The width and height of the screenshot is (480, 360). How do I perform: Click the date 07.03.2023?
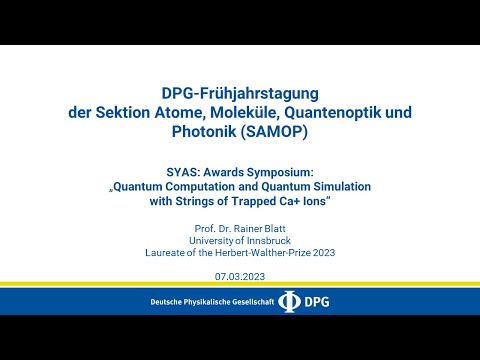point(240,275)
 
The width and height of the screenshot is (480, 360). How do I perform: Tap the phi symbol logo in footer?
point(290,301)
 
